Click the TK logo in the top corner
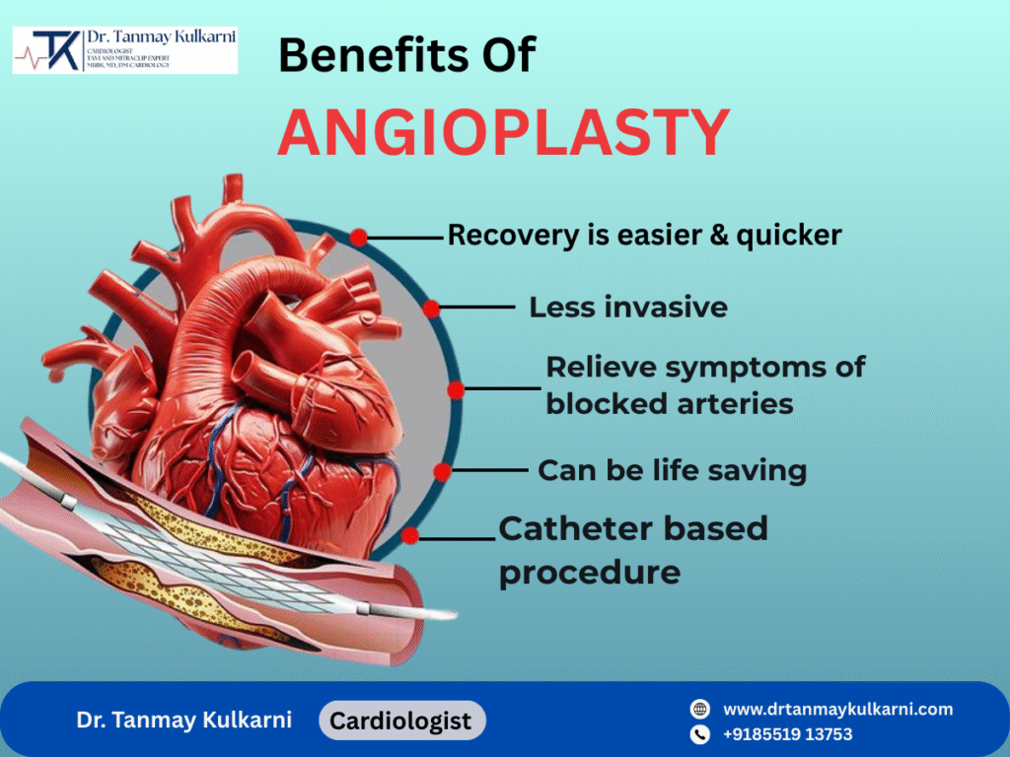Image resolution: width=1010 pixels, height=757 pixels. [56, 50]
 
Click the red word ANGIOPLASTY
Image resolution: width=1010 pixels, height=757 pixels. [503, 133]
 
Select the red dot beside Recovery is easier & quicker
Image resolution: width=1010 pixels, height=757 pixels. [358, 238]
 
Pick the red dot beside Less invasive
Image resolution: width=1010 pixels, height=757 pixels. [432, 308]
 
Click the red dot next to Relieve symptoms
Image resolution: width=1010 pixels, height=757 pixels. [455, 389]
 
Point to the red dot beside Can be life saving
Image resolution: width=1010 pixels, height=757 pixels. [443, 471]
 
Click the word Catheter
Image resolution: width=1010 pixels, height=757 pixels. [572, 529]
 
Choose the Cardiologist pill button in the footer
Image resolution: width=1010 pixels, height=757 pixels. [400, 721]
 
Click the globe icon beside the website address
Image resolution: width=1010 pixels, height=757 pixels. [700, 710]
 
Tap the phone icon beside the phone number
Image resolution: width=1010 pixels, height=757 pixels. [700, 734]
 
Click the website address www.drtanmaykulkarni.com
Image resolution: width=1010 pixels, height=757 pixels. [838, 710]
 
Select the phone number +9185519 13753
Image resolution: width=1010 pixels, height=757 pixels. [788, 734]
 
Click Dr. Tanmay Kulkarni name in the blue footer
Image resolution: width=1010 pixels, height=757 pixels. [184, 721]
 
